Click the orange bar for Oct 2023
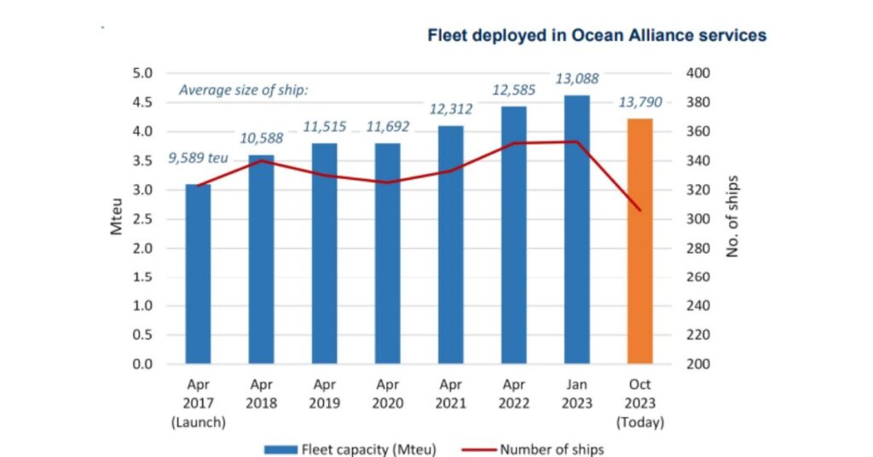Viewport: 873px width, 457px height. (x=639, y=241)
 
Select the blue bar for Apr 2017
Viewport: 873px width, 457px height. (x=198, y=274)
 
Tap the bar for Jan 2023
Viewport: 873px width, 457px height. (x=576, y=229)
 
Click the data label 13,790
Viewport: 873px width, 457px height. (x=639, y=103)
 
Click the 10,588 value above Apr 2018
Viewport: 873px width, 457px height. (x=261, y=138)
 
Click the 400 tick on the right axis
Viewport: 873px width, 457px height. (x=698, y=73)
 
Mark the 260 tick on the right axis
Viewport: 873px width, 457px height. (x=698, y=277)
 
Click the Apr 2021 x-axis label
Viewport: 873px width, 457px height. (x=450, y=394)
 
